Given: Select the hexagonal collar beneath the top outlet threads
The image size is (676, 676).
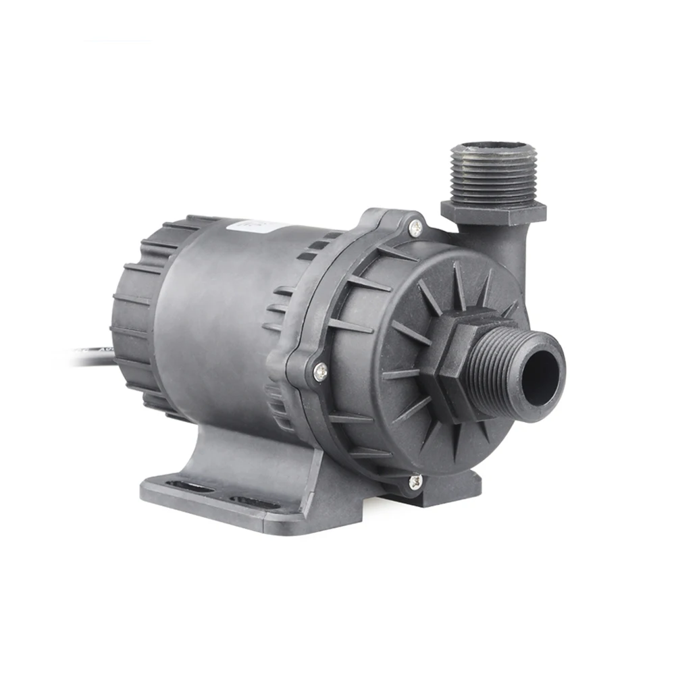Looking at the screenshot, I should pos(493,211).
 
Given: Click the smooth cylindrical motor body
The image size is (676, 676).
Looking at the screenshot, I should pos(216,317).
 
